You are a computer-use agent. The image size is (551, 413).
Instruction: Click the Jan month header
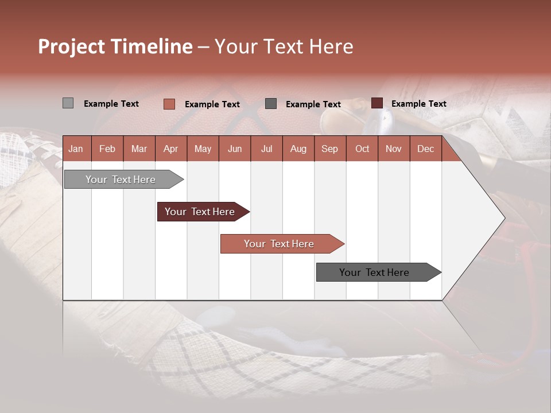click(x=76, y=149)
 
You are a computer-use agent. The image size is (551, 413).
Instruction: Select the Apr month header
click(x=170, y=149)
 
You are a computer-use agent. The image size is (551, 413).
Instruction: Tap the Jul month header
click(x=266, y=149)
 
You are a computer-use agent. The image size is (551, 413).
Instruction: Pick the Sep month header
click(x=329, y=149)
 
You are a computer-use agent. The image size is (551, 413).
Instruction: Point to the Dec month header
click(x=425, y=149)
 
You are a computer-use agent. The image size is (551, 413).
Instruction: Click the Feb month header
click(x=107, y=149)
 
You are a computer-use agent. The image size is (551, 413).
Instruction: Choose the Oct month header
click(x=362, y=149)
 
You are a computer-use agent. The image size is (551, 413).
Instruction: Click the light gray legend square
click(x=68, y=103)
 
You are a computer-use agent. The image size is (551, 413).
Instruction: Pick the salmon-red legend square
click(x=169, y=104)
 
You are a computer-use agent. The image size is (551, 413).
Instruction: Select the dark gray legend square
click(x=271, y=103)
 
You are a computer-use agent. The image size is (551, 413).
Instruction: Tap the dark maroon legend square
click(x=377, y=103)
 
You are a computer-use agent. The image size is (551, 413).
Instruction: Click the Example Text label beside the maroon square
click(x=418, y=104)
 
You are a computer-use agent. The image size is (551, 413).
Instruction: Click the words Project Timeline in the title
click(x=115, y=46)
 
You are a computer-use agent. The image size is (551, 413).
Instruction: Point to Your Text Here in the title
click(x=284, y=46)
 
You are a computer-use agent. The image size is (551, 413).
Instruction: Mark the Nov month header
click(x=394, y=149)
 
